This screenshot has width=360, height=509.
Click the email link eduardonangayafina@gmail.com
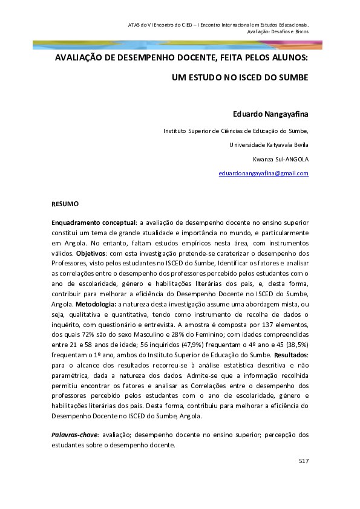263,173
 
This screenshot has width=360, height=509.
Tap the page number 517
304,461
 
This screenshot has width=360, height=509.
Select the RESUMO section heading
65,205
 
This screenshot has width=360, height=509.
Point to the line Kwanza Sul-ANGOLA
281,159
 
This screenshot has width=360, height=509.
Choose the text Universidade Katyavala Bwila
269,145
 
